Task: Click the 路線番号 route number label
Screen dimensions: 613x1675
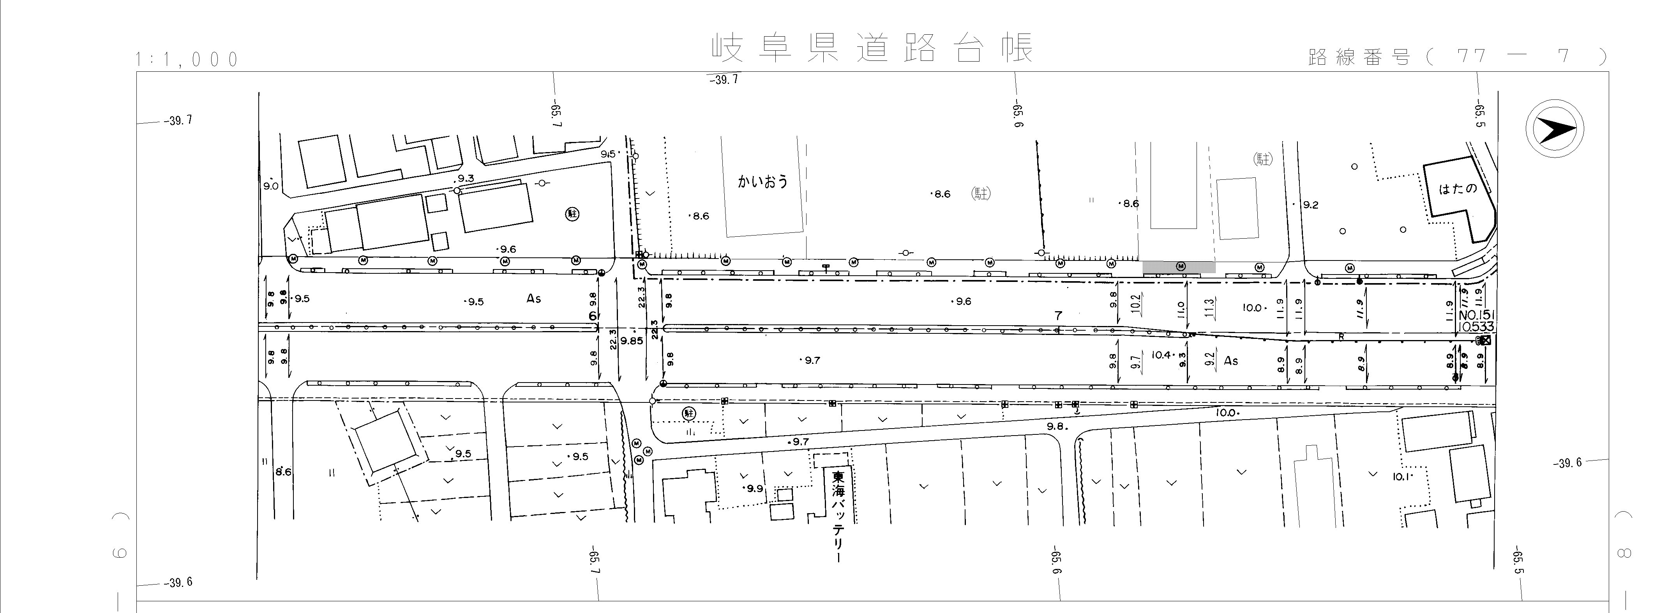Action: tap(1359, 57)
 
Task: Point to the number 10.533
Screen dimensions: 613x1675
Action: tap(1476, 327)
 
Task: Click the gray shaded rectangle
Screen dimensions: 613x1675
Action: tap(1179, 267)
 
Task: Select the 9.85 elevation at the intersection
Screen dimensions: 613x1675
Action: tap(631, 340)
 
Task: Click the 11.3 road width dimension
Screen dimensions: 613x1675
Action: tap(1209, 307)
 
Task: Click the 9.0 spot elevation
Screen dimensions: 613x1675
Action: tap(270, 186)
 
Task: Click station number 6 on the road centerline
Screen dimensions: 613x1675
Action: tap(592, 316)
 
